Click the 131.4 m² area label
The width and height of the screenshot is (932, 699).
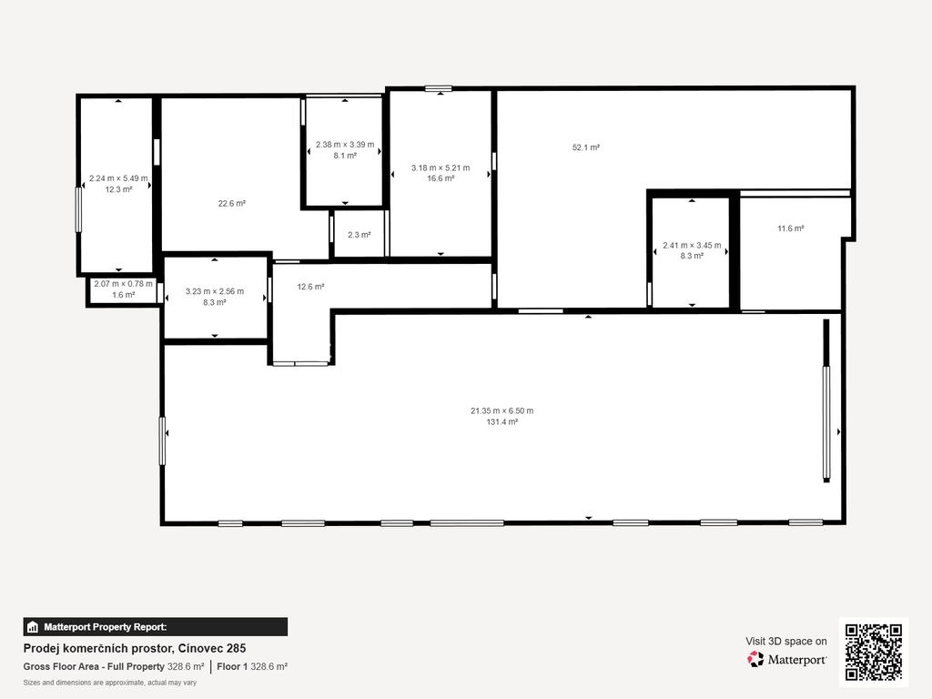(502, 422)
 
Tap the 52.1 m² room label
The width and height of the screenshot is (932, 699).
(586, 147)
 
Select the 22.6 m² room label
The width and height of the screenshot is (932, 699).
(232, 203)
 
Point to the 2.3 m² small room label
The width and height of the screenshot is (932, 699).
(359, 235)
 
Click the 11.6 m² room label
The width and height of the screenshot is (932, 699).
(791, 228)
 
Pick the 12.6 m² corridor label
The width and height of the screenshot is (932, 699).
(311, 287)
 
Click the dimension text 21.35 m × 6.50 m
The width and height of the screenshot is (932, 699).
(502, 410)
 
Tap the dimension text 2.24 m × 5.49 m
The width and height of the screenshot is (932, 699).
(118, 178)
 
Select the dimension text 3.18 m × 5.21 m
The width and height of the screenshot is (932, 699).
(441, 167)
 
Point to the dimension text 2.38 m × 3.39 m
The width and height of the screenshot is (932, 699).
(345, 145)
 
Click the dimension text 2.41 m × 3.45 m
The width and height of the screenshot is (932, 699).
(692, 245)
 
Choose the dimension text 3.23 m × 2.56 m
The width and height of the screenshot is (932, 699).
(215, 291)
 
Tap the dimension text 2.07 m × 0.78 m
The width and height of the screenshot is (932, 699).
(123, 284)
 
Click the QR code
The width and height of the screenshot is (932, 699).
(874, 652)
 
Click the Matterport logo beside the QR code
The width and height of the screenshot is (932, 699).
(786, 659)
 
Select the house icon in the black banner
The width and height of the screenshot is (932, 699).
(33, 627)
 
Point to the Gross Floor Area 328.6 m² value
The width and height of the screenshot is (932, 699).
(186, 667)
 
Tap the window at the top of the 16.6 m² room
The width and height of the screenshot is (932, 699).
(439, 89)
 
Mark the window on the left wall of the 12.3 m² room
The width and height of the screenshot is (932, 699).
(78, 209)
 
